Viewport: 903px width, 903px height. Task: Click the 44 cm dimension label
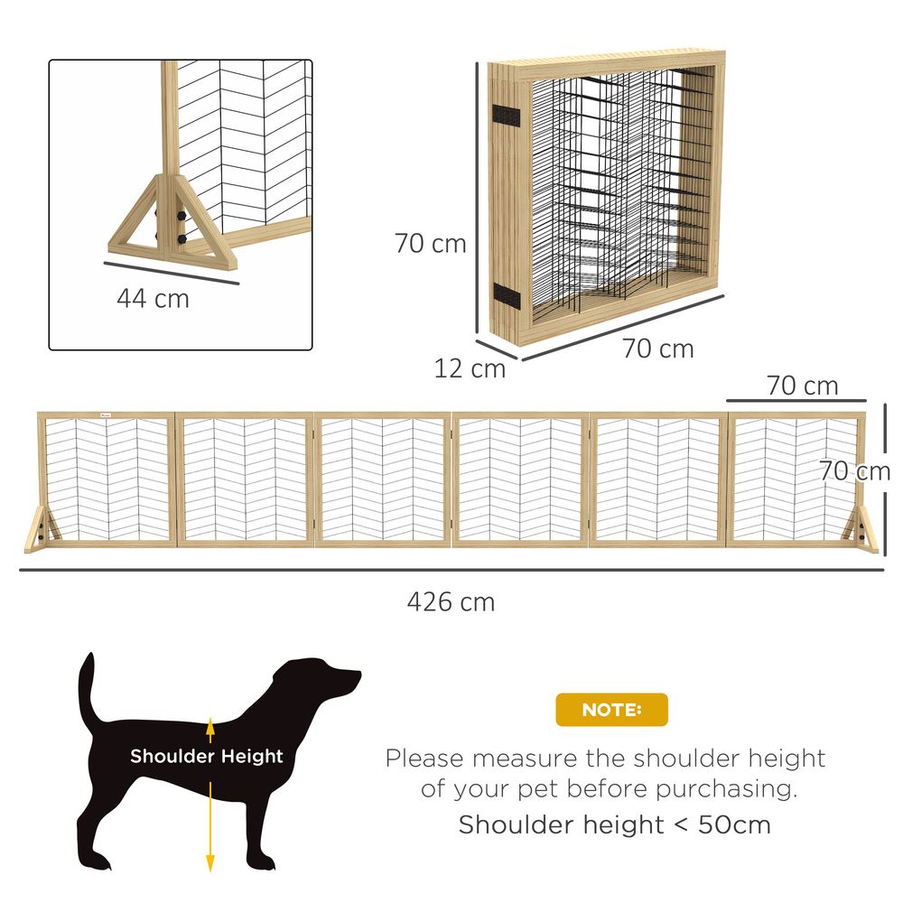coord(153,299)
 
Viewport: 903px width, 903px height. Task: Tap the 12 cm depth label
coord(470,368)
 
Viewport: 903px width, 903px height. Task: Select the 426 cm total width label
coord(451,602)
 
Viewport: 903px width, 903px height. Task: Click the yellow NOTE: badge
coord(611,710)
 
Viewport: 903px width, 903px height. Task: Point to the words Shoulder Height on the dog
coord(207,757)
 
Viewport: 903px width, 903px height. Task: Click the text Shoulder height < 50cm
coord(614,824)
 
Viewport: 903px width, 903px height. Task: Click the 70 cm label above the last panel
coord(802,386)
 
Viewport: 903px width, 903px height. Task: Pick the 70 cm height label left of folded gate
coord(430,244)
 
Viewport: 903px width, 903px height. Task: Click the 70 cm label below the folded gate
coord(657,349)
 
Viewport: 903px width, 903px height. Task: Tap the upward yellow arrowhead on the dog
coord(210,725)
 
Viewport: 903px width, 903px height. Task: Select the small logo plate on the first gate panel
coord(105,416)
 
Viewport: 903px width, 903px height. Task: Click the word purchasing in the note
coord(726,788)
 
